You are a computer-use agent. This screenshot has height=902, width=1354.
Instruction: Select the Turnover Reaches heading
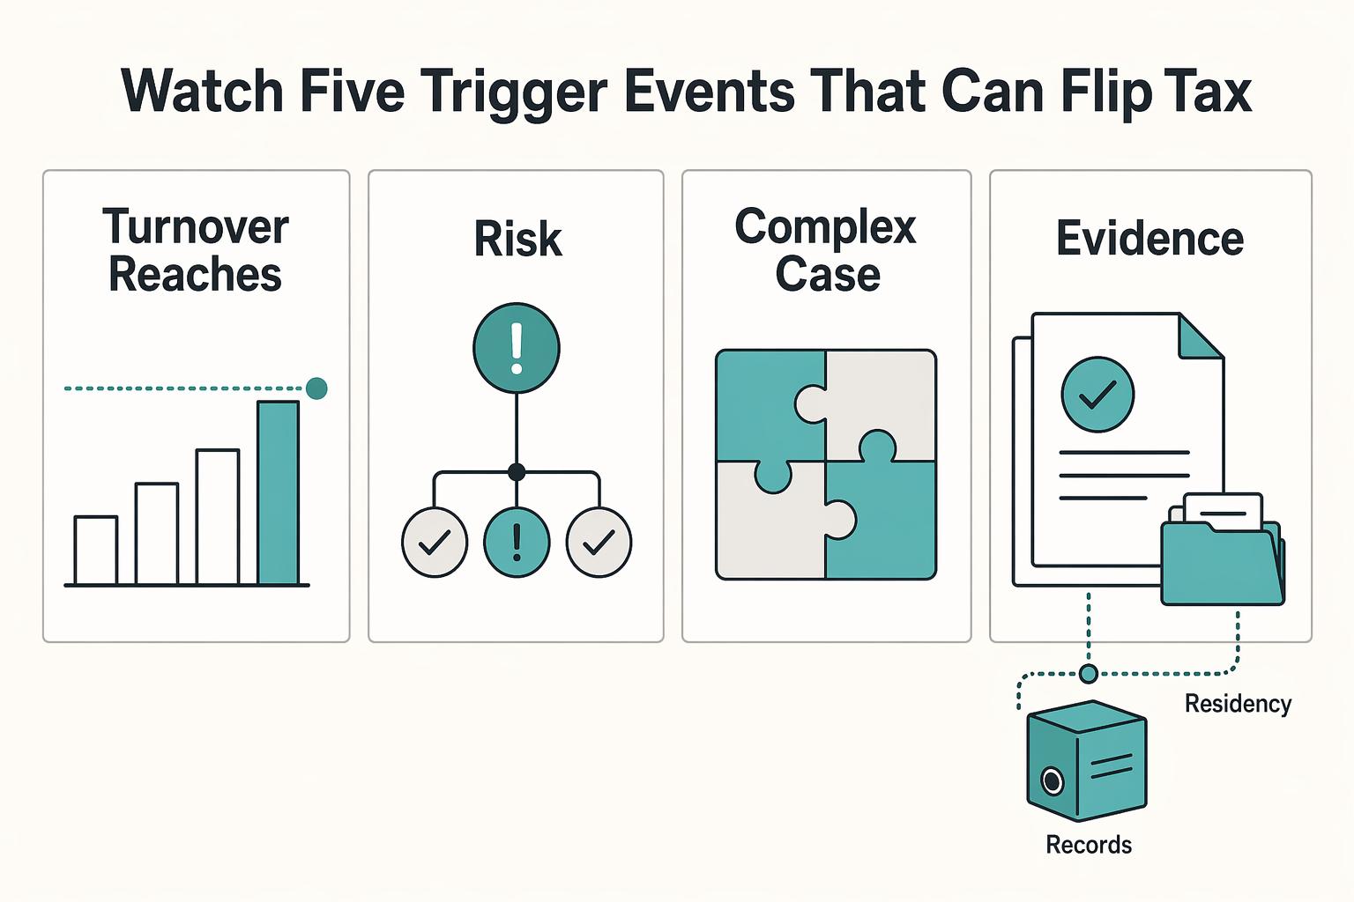tap(195, 250)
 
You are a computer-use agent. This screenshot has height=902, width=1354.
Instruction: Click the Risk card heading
tap(518, 239)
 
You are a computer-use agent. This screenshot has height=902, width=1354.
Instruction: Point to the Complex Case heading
tap(826, 250)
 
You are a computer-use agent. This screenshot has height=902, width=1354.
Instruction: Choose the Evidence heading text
tap(1149, 239)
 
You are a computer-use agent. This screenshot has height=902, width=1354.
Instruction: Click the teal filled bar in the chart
tap(278, 493)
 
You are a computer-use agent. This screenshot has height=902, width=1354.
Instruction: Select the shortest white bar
tap(95, 551)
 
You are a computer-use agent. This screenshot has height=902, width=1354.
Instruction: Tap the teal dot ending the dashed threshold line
tap(316, 388)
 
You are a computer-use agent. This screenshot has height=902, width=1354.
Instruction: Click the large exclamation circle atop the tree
tap(517, 348)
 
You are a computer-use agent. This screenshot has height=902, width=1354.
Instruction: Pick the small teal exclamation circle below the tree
tap(517, 542)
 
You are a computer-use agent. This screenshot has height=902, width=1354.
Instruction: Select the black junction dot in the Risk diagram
tap(517, 472)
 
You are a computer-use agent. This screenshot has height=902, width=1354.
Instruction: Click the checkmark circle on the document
tap(1097, 395)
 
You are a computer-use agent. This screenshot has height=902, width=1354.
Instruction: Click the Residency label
tap(1238, 704)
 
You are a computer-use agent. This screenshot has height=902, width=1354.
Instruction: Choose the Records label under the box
tap(1089, 845)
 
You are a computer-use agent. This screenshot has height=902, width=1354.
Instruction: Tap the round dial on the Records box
tap(1052, 781)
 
